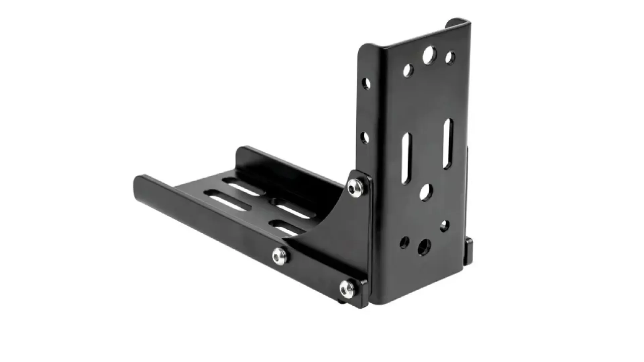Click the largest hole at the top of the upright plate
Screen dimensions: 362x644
[x=428, y=55]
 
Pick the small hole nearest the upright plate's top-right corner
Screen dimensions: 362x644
[x=450, y=58]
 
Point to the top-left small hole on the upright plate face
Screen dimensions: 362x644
[x=408, y=70]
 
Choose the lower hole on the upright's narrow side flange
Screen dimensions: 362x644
[x=365, y=137]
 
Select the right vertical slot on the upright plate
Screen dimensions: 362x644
[x=448, y=143]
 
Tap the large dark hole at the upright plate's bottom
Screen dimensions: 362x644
[x=424, y=247]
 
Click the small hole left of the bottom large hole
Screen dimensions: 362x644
[x=405, y=241]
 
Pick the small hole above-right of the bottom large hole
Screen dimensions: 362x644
[x=445, y=226]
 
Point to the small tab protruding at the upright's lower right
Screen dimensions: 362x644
[x=469, y=251]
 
